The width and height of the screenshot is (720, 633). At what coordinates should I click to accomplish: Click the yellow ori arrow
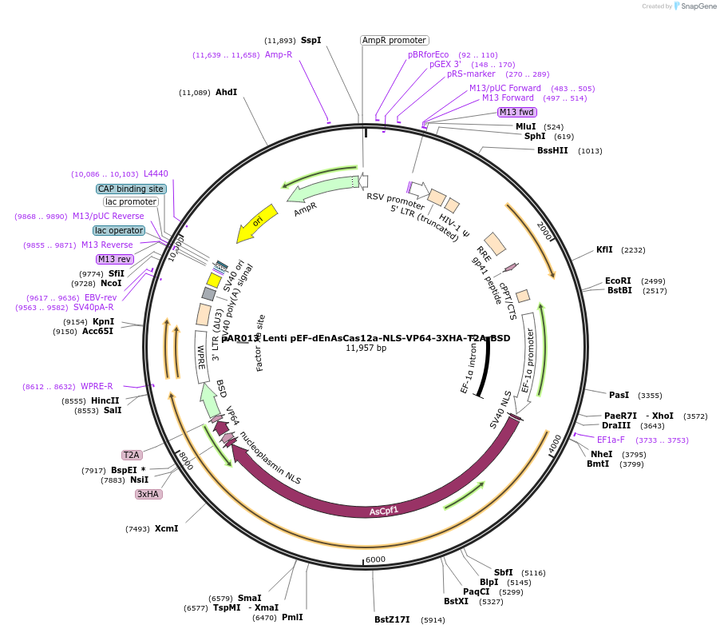click(x=257, y=223)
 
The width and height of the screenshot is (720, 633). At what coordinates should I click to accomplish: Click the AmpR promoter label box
click(x=394, y=40)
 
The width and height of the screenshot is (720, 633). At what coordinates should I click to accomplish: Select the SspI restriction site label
click(x=311, y=40)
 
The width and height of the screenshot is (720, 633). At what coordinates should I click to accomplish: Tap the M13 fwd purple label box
click(x=516, y=112)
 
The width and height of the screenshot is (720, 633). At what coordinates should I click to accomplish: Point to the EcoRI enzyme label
click(x=618, y=281)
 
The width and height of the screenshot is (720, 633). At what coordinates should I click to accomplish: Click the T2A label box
click(x=132, y=455)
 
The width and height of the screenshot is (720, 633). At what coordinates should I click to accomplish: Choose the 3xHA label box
click(x=148, y=494)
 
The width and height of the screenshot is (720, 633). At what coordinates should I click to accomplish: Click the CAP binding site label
click(x=132, y=189)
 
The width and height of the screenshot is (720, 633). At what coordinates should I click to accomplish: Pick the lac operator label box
click(x=119, y=230)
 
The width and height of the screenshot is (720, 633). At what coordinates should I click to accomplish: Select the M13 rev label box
click(x=114, y=259)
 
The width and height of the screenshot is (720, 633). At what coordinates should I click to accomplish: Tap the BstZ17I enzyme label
click(x=392, y=619)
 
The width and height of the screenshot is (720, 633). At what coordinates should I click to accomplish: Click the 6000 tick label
click(x=375, y=559)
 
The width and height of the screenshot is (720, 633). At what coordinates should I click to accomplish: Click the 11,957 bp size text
click(x=366, y=348)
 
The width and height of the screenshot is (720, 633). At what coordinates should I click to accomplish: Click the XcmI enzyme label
click(x=166, y=528)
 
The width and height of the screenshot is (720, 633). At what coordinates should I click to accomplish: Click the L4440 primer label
click(x=156, y=173)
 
